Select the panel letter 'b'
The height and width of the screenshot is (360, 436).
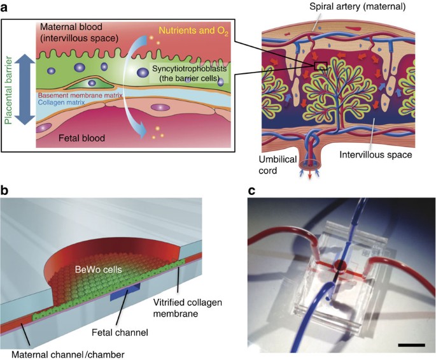tap(5, 191)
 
